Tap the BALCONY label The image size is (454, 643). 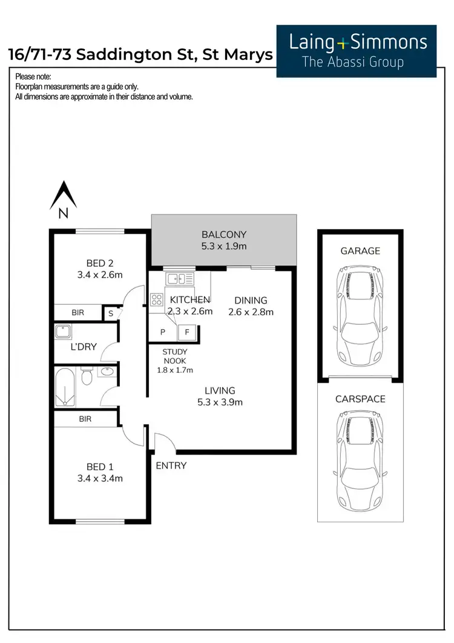(224, 235)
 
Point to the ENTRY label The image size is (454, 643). (171, 465)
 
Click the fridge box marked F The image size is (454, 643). (187, 332)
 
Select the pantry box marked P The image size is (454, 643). (163, 332)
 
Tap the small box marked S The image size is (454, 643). (111, 313)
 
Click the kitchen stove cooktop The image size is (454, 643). (157, 299)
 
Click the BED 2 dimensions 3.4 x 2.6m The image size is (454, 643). (100, 275)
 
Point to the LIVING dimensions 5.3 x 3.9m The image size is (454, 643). (219, 402)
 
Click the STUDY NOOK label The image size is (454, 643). (175, 356)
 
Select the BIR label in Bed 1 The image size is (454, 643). (85, 419)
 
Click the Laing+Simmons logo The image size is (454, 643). (357, 51)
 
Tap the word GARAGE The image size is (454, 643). (360, 250)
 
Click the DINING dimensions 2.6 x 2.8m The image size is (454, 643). (251, 312)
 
